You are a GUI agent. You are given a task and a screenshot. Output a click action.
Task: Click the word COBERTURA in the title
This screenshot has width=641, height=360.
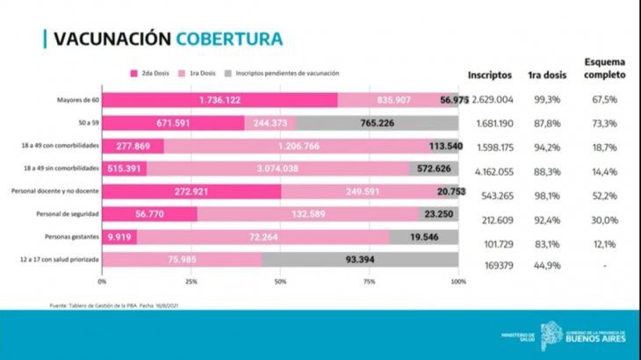(228, 39)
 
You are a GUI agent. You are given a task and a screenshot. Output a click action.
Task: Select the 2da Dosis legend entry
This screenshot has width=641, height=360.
(152, 74)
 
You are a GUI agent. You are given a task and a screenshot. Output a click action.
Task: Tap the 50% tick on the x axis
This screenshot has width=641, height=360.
(280, 282)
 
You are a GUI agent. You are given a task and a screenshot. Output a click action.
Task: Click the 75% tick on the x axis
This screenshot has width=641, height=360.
(370, 282)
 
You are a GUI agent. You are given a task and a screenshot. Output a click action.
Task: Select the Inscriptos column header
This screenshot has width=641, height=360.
(491, 76)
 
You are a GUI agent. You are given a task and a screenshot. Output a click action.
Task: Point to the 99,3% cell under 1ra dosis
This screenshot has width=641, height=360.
(545, 100)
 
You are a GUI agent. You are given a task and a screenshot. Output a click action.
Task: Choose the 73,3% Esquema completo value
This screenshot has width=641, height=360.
(604, 123)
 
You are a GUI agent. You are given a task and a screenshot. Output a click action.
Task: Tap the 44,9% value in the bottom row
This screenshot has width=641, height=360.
(545, 260)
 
